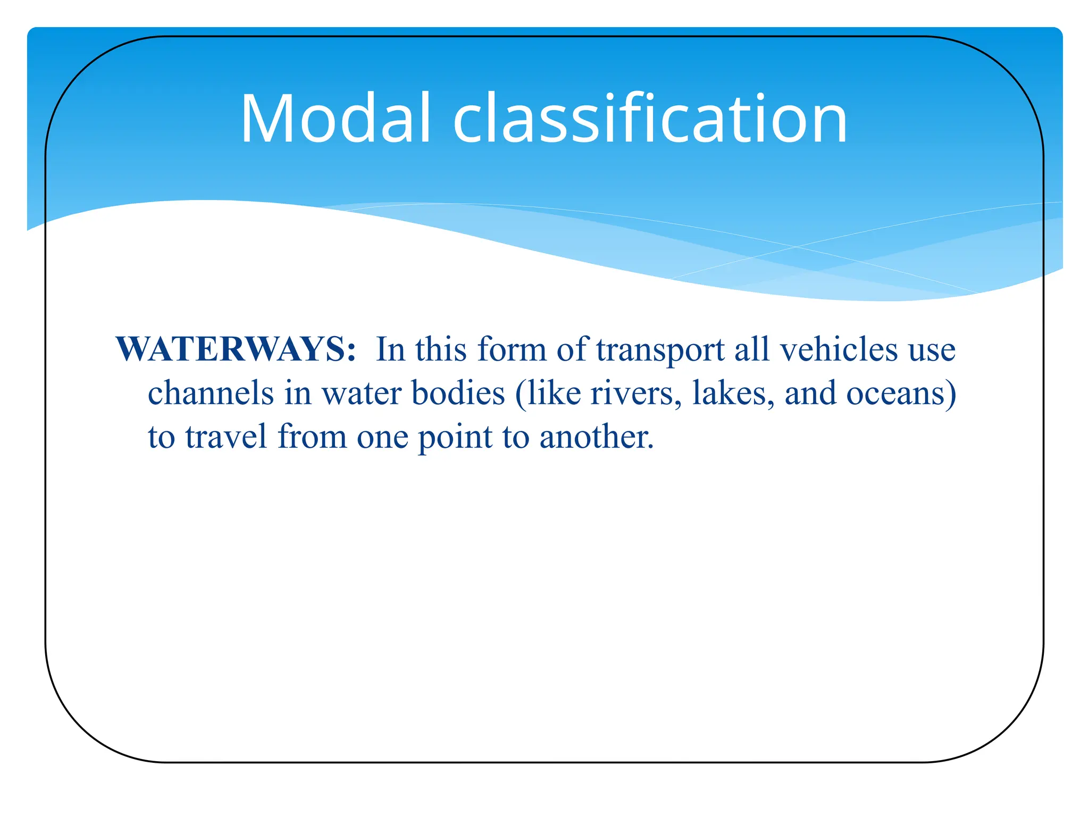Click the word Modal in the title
pyautogui.click(x=335, y=118)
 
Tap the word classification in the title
pyautogui.click(x=650, y=118)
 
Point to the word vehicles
pyautogui.click(x=839, y=349)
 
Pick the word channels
pyautogui.click(x=211, y=394)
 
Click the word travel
pyautogui.click(x=226, y=437)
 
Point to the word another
pyautogui.click(x=596, y=437)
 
